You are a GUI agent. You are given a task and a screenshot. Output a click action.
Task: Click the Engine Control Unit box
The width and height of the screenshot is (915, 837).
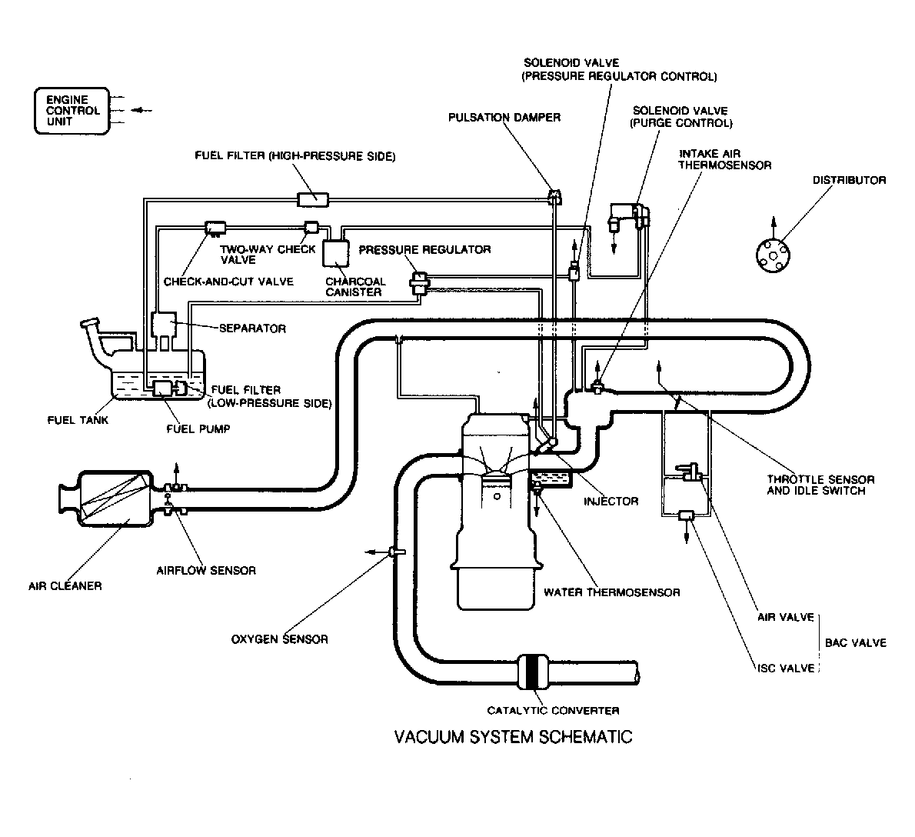[x=72, y=111]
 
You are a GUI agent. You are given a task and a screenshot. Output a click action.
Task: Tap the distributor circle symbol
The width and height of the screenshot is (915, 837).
[x=773, y=255]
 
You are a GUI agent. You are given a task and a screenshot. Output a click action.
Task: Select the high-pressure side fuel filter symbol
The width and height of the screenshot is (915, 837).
[x=313, y=199]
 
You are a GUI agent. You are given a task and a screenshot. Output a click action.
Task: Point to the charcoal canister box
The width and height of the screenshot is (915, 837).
[x=336, y=253]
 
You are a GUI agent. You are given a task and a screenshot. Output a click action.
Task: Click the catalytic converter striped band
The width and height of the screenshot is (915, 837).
[x=534, y=674]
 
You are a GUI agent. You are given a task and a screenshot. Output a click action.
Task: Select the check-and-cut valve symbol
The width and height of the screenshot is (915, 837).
[x=215, y=228]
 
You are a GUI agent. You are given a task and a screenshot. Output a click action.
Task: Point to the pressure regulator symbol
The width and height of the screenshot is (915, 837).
[x=420, y=283]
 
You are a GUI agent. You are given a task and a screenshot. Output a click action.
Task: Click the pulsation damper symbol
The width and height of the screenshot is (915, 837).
[x=555, y=196]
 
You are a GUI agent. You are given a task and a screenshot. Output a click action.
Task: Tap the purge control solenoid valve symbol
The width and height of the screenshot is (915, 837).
[x=629, y=216]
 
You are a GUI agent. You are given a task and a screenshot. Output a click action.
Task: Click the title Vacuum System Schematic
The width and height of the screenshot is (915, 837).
[x=513, y=737]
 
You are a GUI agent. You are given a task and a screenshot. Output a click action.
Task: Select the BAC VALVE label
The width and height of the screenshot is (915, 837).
[x=856, y=642]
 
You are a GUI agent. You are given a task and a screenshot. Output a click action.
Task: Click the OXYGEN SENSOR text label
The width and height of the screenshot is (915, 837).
[x=280, y=639]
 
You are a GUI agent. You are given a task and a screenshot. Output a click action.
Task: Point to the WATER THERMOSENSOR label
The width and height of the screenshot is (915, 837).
[x=611, y=592]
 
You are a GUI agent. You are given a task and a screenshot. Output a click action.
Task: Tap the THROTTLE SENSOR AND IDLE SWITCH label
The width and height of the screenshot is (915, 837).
[x=820, y=485]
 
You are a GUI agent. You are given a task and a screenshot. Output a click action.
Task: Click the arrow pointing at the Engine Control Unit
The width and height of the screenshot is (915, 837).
[x=141, y=110]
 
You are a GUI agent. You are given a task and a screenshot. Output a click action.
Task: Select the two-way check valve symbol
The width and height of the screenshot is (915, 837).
[x=311, y=227]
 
